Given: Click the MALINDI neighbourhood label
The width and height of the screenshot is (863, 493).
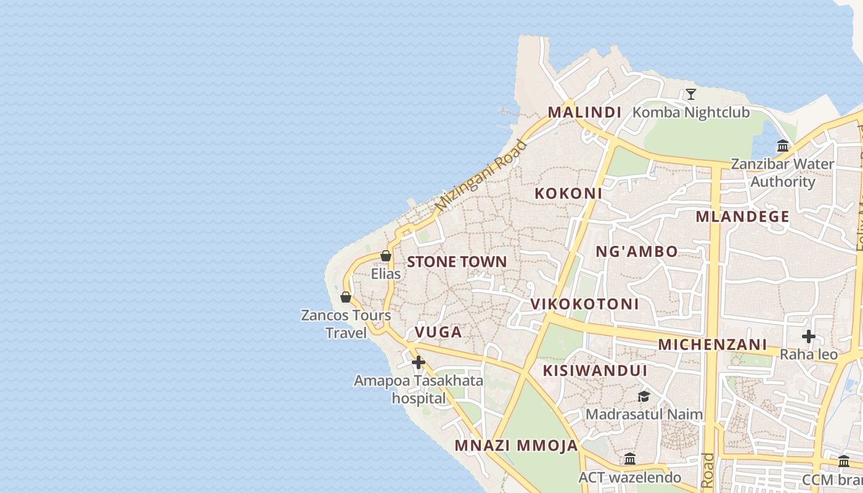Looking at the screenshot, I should click(584, 112).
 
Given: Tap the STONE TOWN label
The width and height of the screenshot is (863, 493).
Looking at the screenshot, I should click(457, 262).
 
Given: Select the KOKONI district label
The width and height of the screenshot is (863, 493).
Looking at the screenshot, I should click(568, 194).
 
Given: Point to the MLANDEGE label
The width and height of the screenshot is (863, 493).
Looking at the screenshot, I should click(742, 216).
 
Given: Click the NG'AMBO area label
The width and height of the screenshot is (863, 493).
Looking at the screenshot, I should click(637, 251).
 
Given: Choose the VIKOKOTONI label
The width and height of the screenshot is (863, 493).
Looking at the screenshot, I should click(584, 304).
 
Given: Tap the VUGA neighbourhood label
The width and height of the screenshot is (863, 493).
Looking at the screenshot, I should click(438, 332).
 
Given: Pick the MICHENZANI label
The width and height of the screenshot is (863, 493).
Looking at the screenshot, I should click(712, 344).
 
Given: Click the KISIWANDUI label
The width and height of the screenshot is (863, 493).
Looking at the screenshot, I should click(595, 370).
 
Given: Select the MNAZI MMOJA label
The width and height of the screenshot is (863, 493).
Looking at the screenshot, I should click(516, 446).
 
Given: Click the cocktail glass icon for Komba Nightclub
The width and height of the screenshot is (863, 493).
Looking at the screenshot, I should click(691, 94).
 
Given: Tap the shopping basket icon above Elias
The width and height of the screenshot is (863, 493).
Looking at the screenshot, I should click(386, 256).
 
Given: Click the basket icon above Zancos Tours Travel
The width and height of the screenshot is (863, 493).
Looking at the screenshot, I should click(346, 298).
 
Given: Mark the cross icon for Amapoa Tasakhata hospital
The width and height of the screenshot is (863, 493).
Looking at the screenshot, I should click(419, 362).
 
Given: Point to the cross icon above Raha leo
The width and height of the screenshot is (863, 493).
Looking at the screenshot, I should click(809, 336).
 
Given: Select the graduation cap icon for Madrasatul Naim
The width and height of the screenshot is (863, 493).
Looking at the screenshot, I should click(644, 396).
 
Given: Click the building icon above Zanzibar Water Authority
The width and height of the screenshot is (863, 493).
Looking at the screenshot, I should click(783, 146).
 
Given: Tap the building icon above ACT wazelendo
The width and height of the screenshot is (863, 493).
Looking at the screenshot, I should click(629, 459).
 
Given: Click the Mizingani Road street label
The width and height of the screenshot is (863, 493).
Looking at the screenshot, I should click(481, 175).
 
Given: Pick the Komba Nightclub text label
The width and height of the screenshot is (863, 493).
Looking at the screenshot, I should click(691, 113).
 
